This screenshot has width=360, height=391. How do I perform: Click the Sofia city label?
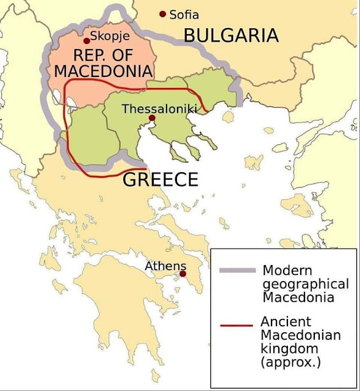coord(184,15)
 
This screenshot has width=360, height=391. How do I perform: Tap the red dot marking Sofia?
coord(162,14)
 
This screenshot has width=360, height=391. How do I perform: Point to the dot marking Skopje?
coord(87,41)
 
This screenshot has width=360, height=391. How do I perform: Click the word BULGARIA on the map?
coord(231,35)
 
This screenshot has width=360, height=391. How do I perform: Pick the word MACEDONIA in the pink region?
coord(103,70)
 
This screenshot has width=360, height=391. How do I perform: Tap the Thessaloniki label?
coord(158,109)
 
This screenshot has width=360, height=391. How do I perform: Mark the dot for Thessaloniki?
coord(151,119)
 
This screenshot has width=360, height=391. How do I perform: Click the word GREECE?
coord(160,180)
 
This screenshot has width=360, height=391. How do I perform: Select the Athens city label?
coord(161,266)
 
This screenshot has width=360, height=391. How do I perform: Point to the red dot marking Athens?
coord(182,274)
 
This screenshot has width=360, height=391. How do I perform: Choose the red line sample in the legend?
coord(236,325)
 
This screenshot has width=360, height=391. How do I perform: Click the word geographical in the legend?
coord(304,284)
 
